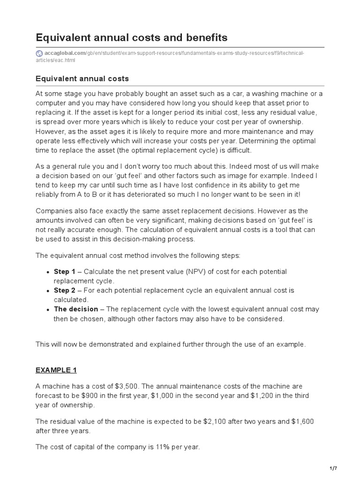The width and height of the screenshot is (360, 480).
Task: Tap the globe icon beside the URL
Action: click(x=39, y=53)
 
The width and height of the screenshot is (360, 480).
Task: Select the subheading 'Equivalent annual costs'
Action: click(x=82, y=78)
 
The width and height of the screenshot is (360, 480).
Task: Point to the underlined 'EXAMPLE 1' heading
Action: click(x=56, y=370)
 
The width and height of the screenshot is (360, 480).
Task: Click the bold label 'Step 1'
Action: click(x=65, y=272)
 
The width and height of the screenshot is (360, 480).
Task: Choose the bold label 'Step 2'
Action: click(x=65, y=291)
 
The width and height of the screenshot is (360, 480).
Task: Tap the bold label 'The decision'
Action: click(x=76, y=309)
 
